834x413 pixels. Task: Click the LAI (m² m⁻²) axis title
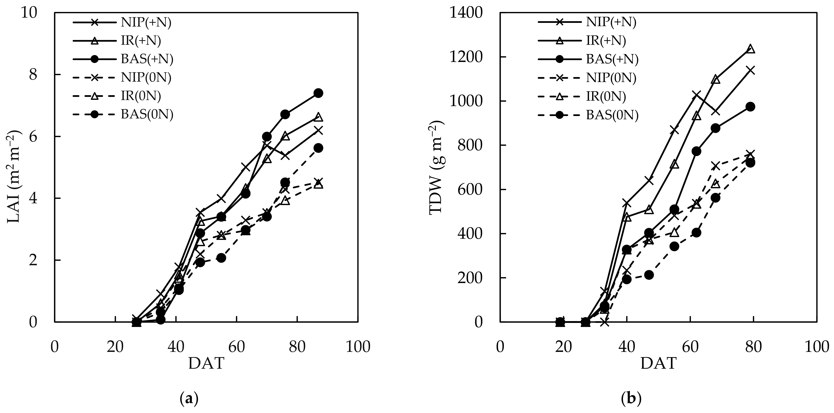pos(14,176)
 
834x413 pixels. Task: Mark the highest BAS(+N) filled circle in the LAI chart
pos(318,93)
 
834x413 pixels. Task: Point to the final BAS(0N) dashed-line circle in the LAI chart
pos(318,148)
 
